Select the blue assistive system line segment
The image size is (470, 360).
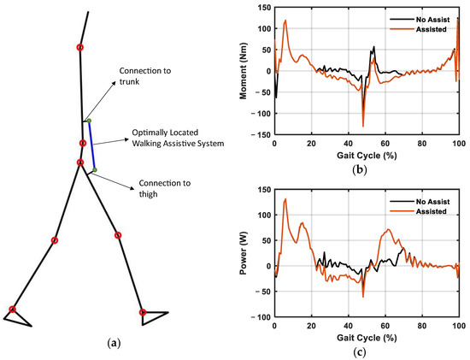coord(91,145)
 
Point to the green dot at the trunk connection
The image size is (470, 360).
coord(88,121)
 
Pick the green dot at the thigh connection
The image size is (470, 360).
coord(95,170)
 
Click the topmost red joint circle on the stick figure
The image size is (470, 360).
coord(80,47)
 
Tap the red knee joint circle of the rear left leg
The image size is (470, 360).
coord(55,240)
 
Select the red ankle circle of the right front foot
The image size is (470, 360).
coord(143,311)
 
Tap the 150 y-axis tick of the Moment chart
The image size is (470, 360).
coord(262,9)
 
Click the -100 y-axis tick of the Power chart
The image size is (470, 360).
coord(260,316)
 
